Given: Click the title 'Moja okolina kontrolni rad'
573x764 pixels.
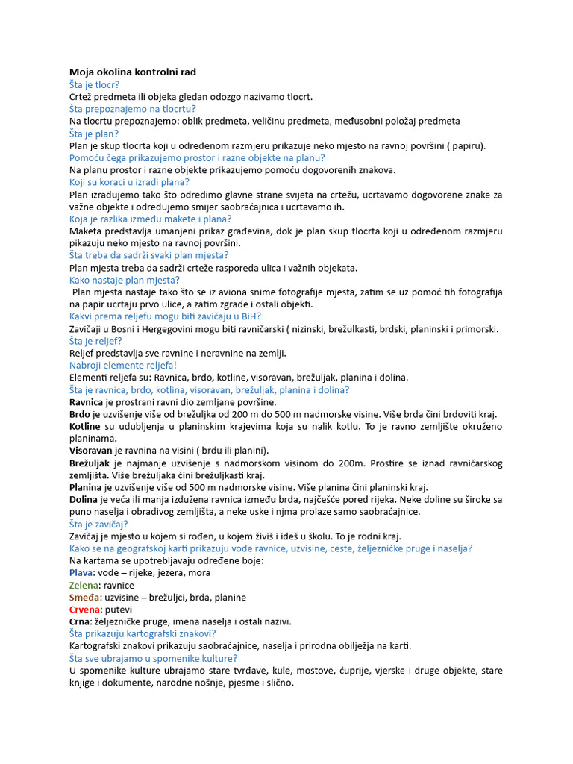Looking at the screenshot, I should click(133, 72).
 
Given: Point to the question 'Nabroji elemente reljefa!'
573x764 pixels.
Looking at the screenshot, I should click(122, 366).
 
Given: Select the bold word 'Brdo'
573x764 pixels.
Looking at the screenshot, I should click(80, 414).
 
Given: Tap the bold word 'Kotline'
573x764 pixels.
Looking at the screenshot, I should click(84, 426).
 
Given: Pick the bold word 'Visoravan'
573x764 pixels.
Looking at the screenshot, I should click(91, 451).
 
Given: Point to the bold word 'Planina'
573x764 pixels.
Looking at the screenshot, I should click(86, 487).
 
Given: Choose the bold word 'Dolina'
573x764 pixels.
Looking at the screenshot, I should click(83, 499).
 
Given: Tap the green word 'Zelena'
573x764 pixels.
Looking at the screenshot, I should click(84, 585).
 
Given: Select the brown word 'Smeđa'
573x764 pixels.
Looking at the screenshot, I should click(84, 597).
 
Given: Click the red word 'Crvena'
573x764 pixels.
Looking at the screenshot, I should click(85, 610).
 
